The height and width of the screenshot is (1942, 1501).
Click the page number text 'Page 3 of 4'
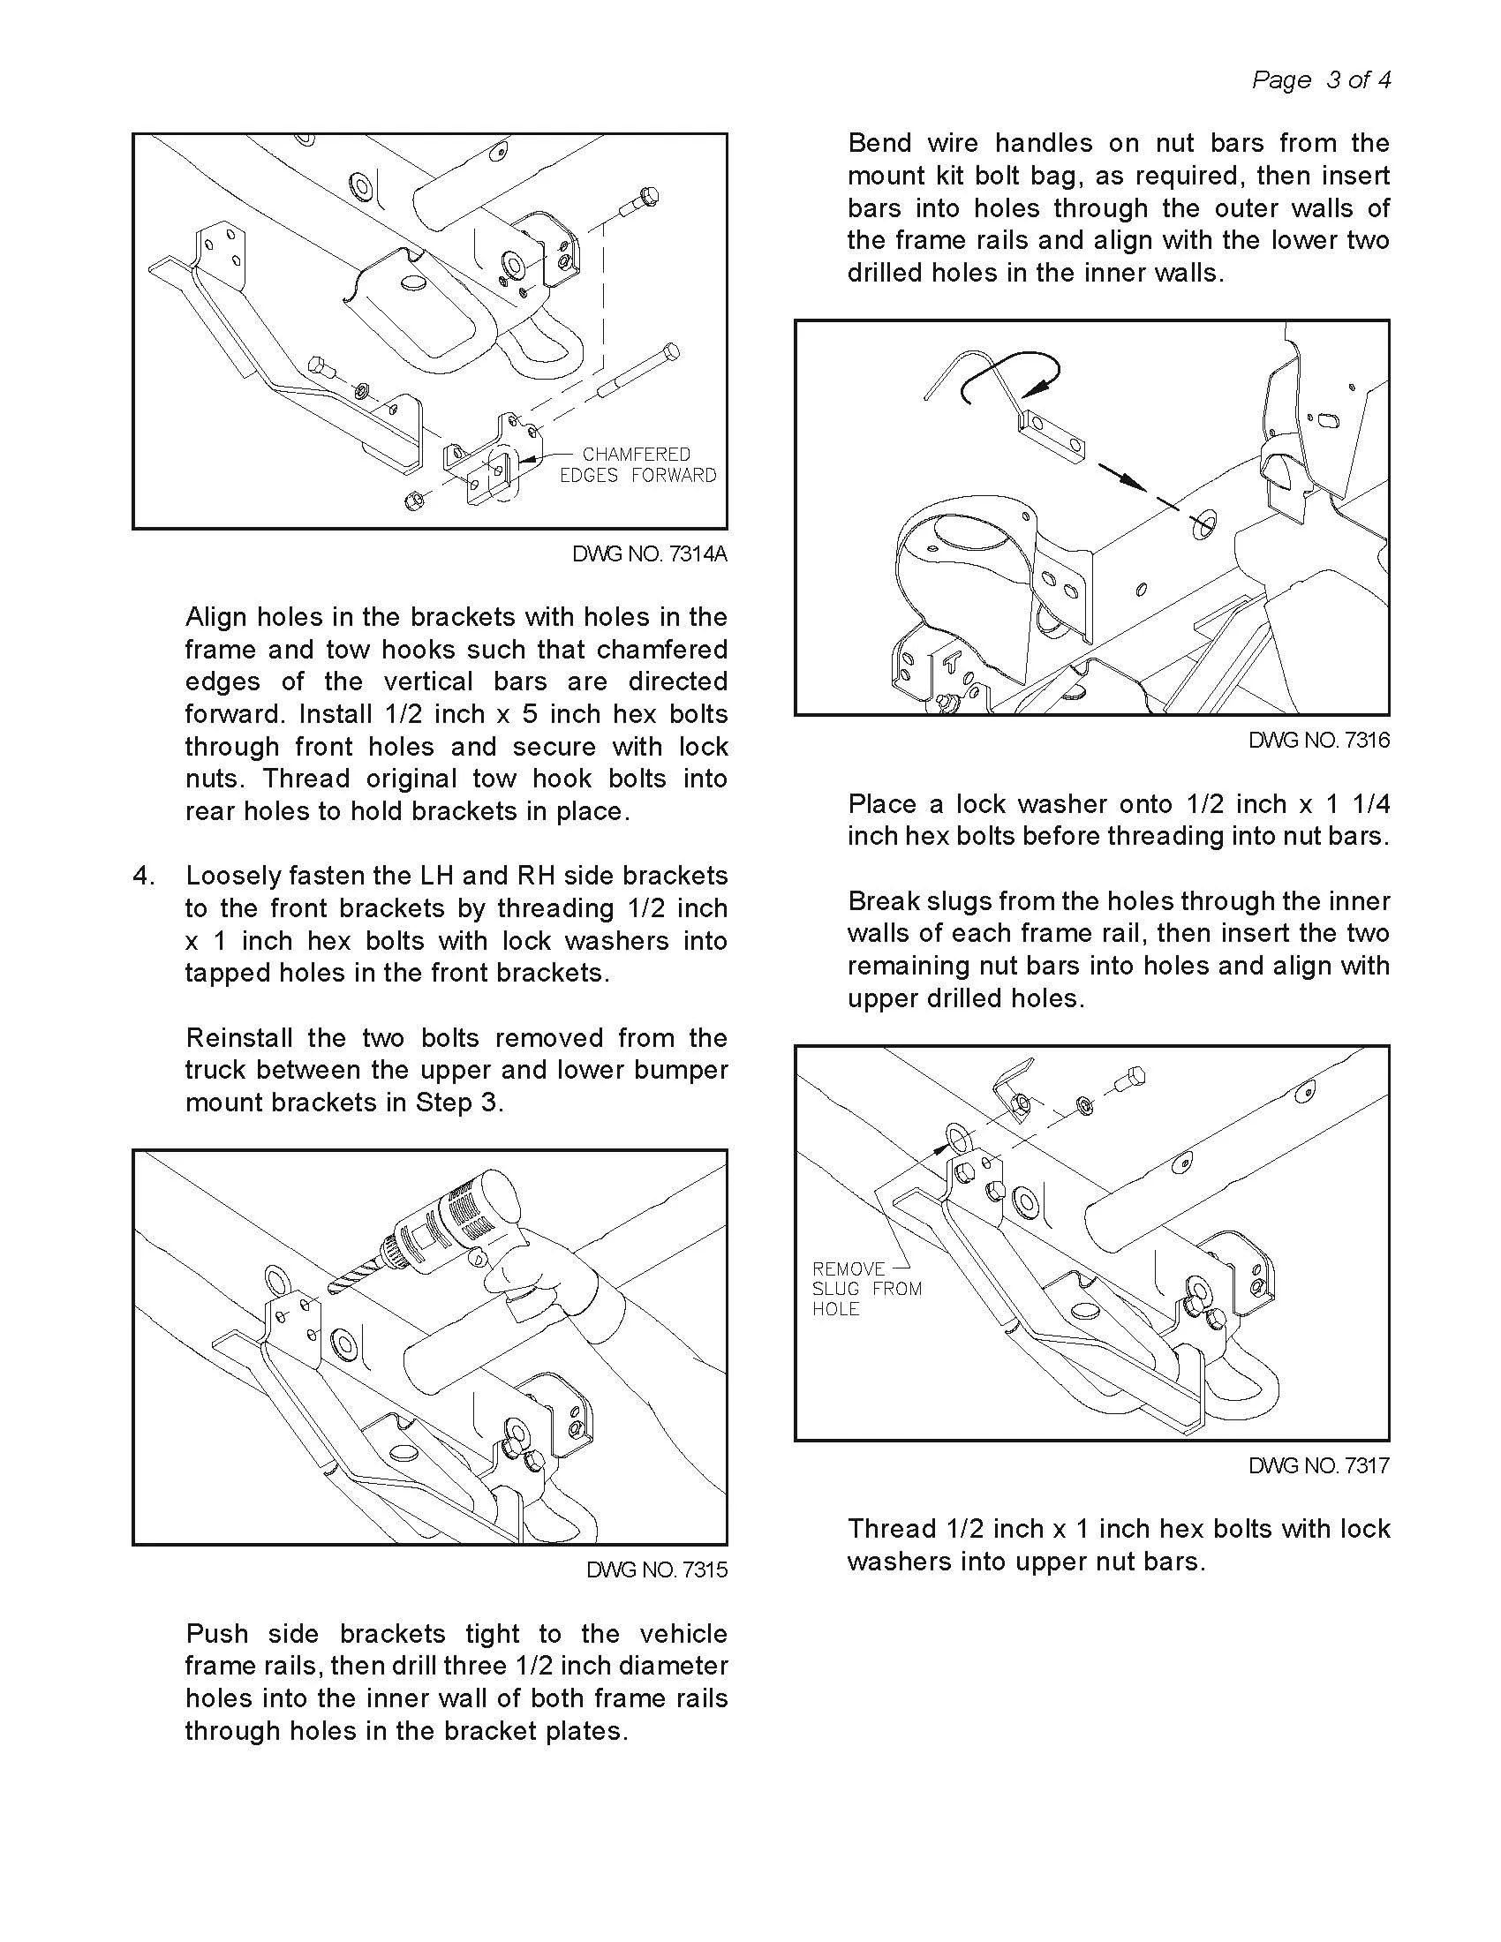[x=1321, y=80]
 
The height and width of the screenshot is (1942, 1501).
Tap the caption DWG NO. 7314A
[x=649, y=554]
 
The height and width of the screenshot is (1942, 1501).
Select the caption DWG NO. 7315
[x=656, y=1569]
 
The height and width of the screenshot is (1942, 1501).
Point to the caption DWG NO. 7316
[x=1319, y=740]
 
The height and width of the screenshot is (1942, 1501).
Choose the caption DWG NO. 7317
[x=1319, y=1465]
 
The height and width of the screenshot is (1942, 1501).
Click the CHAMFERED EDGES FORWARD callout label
[x=637, y=465]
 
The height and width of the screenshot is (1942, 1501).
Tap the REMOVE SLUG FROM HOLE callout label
[x=866, y=1289]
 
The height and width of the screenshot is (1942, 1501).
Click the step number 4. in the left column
[x=144, y=876]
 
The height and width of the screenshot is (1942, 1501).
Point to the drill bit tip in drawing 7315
[x=331, y=1289]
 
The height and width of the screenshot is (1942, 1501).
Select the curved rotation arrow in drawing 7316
[x=1009, y=374]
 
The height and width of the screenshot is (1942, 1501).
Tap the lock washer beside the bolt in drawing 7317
[x=1084, y=1103]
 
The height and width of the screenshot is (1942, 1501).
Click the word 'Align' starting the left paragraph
[x=216, y=617]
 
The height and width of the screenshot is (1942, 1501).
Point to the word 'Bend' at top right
[x=879, y=143]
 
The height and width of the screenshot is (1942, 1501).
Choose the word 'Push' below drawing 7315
[x=216, y=1633]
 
